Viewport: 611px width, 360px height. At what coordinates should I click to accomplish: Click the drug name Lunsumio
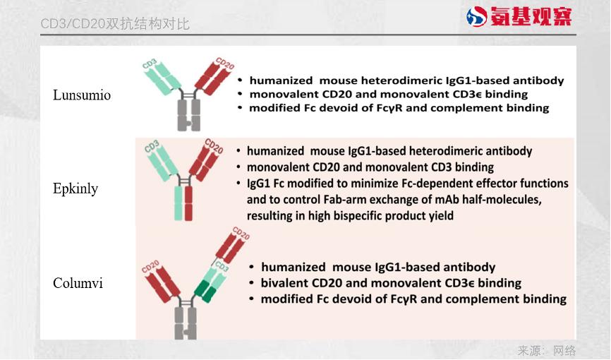[x=82, y=95]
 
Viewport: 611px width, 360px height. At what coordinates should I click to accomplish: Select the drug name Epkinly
[x=75, y=188]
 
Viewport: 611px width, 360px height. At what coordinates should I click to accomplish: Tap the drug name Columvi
[x=78, y=283]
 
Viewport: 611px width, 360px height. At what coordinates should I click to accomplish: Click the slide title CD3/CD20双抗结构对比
[x=115, y=24]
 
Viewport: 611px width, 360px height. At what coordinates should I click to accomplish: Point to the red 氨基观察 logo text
[x=531, y=16]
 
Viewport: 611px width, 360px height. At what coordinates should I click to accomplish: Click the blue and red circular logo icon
[x=476, y=17]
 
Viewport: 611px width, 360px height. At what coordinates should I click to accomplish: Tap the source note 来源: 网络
[x=547, y=350]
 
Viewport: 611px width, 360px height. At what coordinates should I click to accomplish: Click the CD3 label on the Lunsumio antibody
[x=150, y=64]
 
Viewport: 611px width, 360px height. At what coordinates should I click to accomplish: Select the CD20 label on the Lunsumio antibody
[x=225, y=64]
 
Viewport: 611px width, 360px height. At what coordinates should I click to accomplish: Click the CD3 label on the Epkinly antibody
[x=152, y=146]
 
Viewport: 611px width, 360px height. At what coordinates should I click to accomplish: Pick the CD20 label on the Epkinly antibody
[x=214, y=146]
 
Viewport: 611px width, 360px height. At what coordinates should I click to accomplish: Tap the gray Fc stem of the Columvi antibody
[x=186, y=323]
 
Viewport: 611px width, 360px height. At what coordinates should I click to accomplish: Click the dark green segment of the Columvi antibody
[x=205, y=291]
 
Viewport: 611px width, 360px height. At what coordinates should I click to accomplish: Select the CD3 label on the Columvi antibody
[x=222, y=266]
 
